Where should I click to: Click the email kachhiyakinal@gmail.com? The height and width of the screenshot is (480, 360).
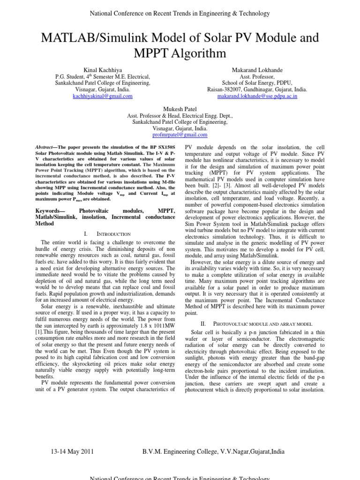tap(103, 96)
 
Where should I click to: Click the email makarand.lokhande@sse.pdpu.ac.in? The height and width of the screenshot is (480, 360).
tap(257, 96)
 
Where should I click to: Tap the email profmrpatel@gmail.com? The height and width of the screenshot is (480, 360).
tap(180, 135)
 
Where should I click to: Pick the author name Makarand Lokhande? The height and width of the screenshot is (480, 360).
tap(257, 69)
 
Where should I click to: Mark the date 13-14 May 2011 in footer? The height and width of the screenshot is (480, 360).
tap(72, 452)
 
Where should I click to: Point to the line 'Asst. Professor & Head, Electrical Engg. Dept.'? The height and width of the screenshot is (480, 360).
tap(180, 115)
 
